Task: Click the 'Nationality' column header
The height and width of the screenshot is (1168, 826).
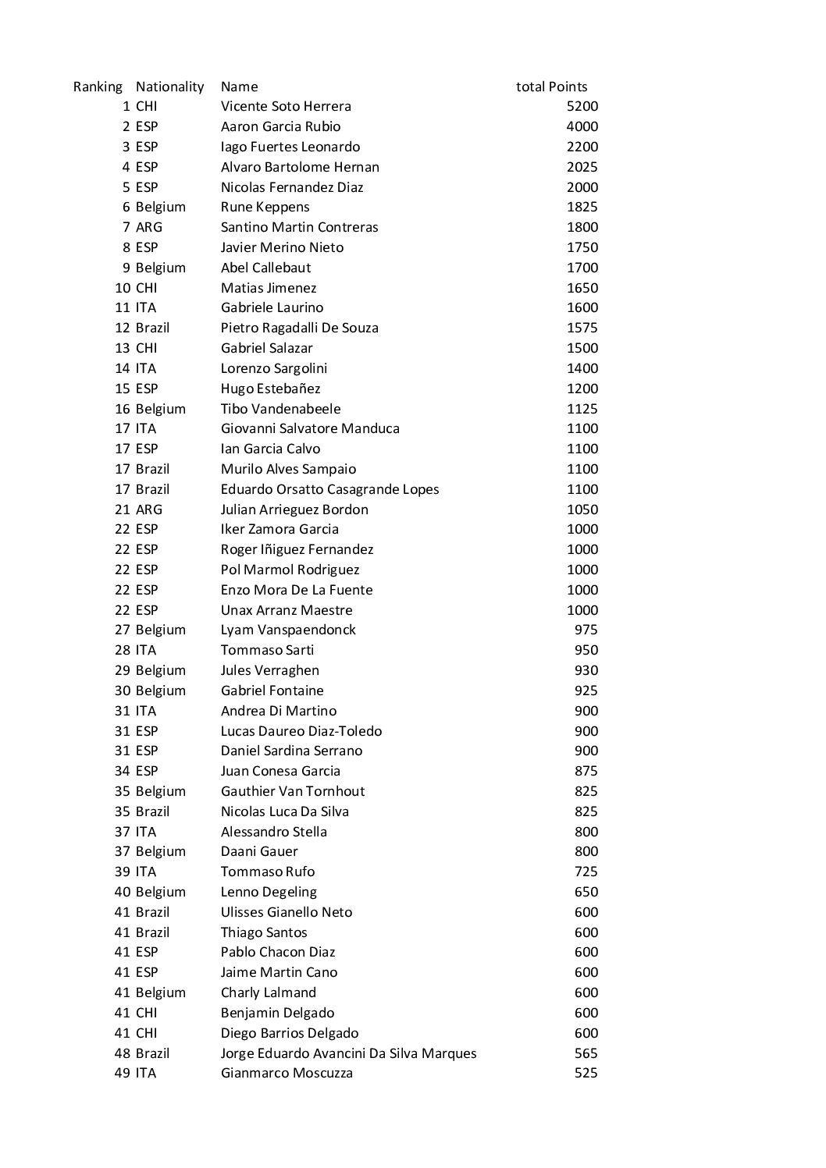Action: (x=169, y=87)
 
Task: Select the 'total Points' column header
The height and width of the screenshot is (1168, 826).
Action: (x=551, y=87)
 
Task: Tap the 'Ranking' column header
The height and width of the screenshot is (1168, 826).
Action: (x=98, y=87)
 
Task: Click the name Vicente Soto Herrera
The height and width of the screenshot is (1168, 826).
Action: (x=286, y=106)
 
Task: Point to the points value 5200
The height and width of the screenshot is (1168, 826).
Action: (x=582, y=106)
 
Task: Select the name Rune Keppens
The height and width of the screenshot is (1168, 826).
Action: (x=265, y=207)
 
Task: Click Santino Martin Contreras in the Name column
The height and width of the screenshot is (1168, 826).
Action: (x=299, y=227)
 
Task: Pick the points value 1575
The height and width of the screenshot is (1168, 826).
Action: (x=582, y=328)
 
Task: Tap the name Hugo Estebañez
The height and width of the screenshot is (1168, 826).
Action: (x=270, y=389)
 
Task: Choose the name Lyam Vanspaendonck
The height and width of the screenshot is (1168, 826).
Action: (x=288, y=630)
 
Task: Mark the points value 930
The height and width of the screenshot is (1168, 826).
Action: (x=586, y=670)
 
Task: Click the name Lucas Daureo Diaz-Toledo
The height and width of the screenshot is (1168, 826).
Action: (x=301, y=731)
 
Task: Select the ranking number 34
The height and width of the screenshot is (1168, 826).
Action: (x=123, y=771)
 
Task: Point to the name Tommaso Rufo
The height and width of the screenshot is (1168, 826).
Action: (x=268, y=872)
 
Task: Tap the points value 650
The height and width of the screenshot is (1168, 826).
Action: (x=586, y=892)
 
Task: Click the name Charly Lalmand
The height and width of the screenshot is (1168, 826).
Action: (x=269, y=992)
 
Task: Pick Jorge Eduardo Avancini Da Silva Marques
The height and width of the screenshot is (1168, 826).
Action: (x=348, y=1053)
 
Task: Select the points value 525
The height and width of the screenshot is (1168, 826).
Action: (x=586, y=1073)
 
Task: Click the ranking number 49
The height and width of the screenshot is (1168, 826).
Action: (x=123, y=1073)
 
